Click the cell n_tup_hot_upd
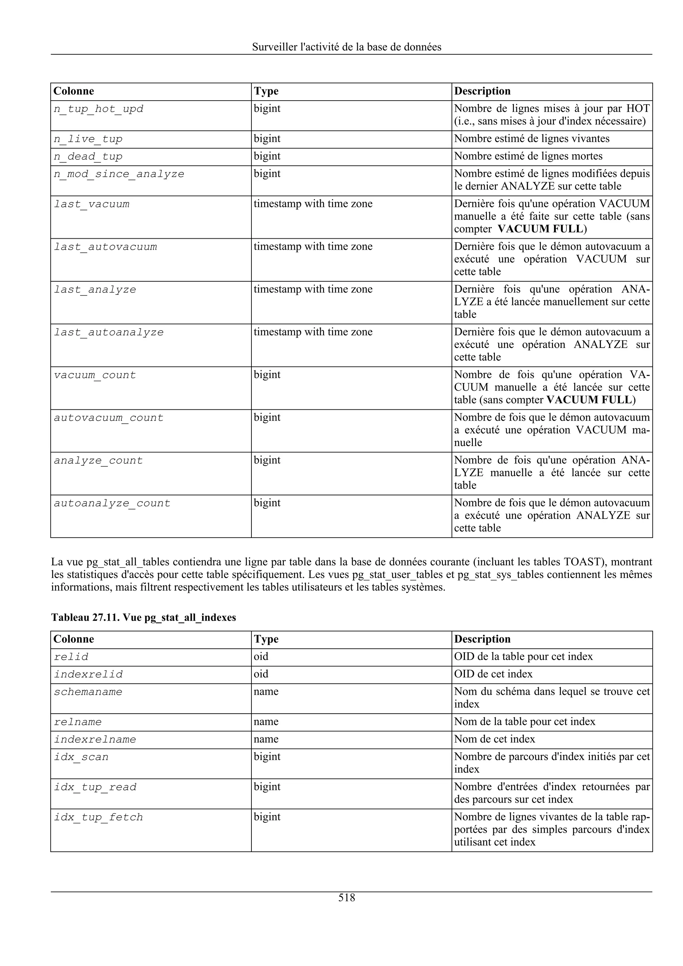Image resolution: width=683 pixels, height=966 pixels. coord(98,109)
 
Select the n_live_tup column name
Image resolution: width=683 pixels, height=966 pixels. coord(88,139)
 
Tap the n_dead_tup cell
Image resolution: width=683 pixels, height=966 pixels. coord(88,157)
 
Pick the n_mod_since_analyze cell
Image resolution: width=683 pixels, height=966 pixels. coord(119,174)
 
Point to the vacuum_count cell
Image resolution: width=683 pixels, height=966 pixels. coord(95,375)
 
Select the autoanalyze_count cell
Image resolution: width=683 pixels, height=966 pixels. coord(112,504)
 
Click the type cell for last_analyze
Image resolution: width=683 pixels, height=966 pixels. coord(313,289)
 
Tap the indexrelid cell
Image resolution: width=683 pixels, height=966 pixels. coord(88,674)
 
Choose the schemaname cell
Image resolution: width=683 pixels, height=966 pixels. coord(88,692)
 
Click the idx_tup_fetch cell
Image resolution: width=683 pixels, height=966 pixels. coord(98,817)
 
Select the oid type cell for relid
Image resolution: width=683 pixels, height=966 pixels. coord(261,657)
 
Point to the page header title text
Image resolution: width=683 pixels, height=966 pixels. coord(347,47)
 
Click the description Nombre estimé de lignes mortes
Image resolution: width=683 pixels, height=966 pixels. coord(528,157)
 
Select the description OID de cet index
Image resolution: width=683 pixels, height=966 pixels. coord(493,674)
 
